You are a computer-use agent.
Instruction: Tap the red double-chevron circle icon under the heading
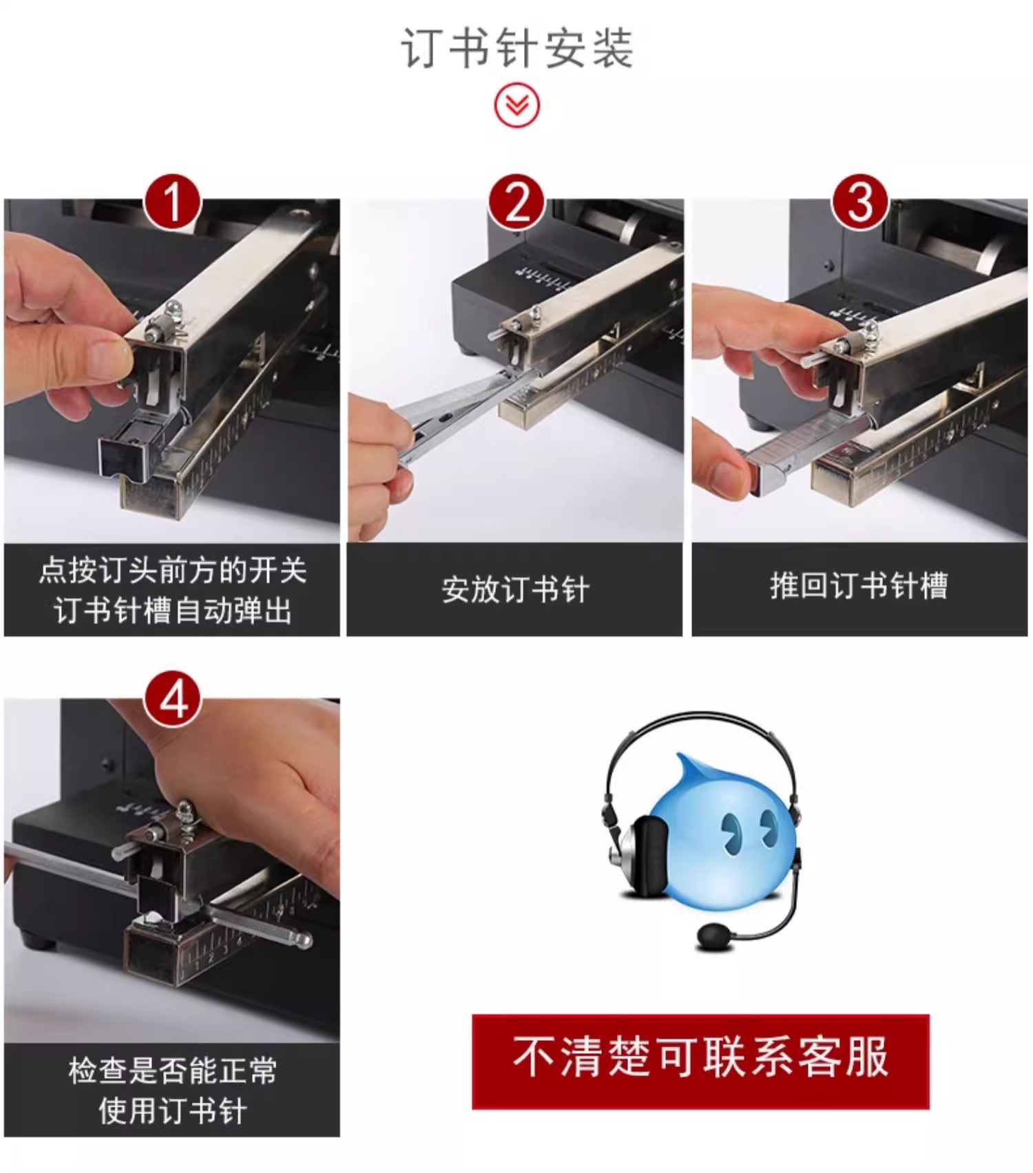click(x=516, y=105)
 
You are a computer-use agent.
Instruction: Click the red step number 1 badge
click(x=172, y=202)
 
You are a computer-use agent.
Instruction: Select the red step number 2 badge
click(x=516, y=202)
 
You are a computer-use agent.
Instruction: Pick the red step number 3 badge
click(x=859, y=202)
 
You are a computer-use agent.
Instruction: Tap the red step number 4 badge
click(x=172, y=700)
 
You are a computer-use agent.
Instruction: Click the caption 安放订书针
click(x=515, y=590)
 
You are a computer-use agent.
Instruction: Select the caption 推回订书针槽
click(x=859, y=586)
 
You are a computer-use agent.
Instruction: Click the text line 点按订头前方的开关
click(x=172, y=570)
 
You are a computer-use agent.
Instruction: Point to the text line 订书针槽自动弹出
click(x=172, y=611)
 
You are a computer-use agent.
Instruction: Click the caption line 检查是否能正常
click(x=172, y=1070)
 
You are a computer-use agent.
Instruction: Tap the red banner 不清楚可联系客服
click(x=700, y=1061)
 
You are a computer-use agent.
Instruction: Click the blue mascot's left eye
click(x=730, y=829)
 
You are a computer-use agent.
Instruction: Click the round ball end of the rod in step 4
click(x=303, y=940)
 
